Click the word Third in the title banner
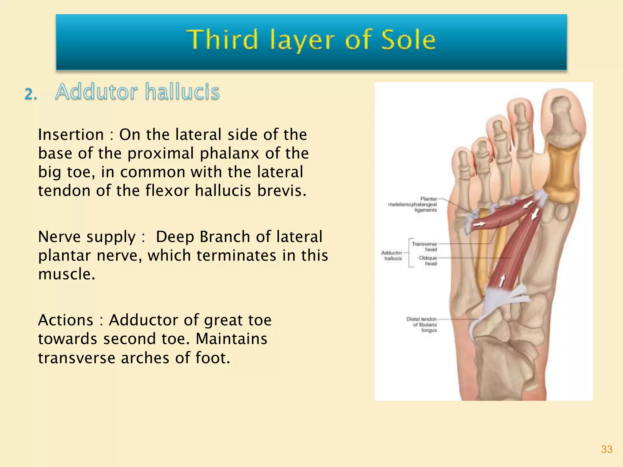coord(222,40)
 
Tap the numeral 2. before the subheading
coord(30,94)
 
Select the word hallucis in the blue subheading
coord(182,92)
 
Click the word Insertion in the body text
coord(71,135)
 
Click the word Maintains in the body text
coord(231,339)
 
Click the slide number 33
coord(607,449)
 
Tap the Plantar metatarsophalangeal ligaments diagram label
coord(413,204)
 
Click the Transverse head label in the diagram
coord(424,247)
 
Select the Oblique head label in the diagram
coord(428,261)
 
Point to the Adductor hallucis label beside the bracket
coord(392,255)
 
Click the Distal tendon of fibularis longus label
coord(422,324)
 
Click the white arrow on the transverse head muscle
coord(479,224)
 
